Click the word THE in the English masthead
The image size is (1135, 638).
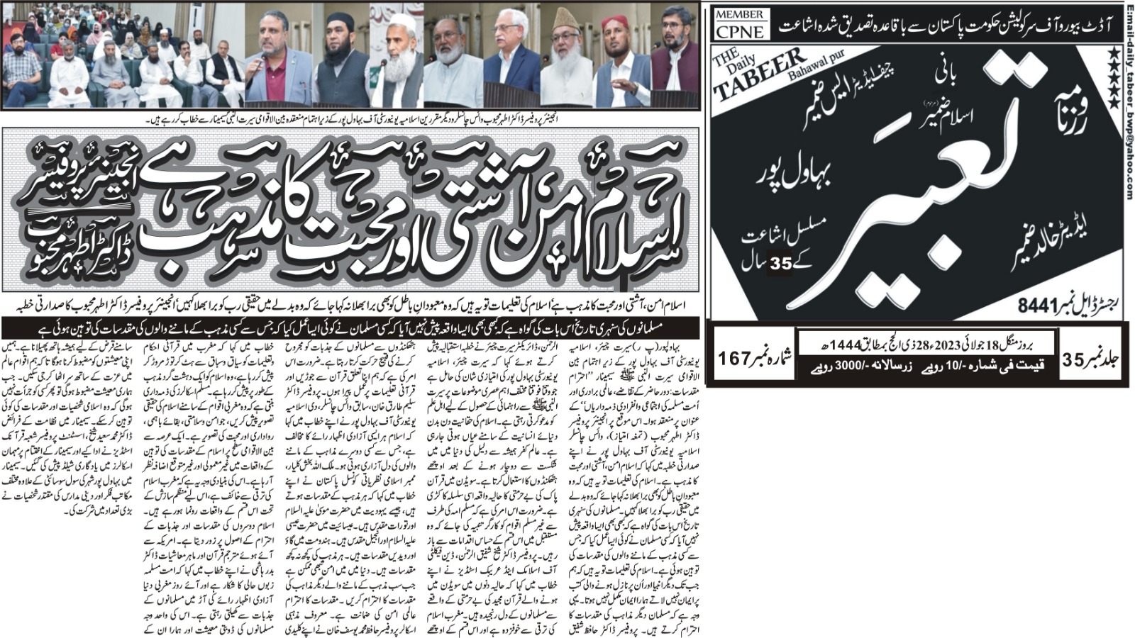click(x=726, y=60)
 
